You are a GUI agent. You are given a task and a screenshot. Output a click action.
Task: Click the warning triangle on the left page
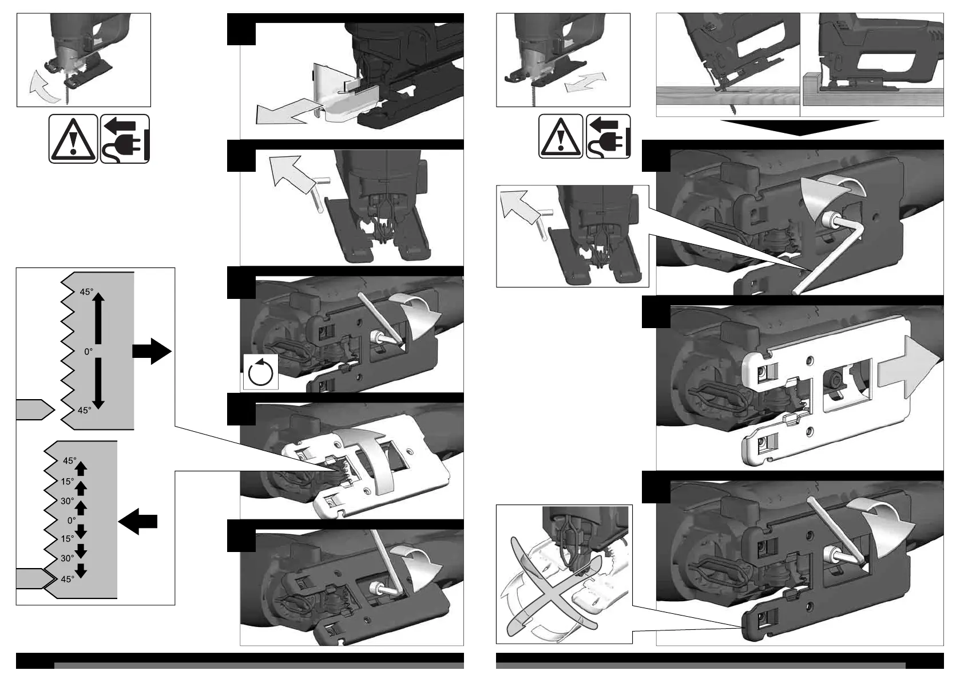(73, 139)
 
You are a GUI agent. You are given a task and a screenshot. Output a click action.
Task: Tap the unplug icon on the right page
(608, 136)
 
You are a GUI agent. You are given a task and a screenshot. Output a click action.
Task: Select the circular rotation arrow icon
(261, 372)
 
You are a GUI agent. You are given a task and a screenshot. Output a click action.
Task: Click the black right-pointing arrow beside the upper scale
(152, 350)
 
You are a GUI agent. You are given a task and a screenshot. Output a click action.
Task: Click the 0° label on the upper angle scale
(88, 352)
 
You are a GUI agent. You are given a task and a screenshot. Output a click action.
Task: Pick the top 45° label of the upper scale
(86, 292)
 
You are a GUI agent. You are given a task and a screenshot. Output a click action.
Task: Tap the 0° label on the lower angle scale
(71, 521)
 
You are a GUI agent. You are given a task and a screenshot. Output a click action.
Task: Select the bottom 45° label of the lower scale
(68, 579)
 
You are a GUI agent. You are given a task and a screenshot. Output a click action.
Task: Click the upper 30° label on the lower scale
(67, 501)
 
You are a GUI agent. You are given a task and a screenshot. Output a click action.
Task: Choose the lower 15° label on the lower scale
(67, 539)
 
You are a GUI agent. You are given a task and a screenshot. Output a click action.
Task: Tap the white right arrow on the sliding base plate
(910, 366)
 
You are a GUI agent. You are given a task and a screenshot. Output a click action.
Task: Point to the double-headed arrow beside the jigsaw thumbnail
(585, 82)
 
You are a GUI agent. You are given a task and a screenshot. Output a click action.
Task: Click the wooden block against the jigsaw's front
(812, 82)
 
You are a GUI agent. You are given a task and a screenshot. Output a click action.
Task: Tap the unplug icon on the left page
(125, 139)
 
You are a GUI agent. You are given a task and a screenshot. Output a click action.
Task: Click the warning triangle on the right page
(561, 136)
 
